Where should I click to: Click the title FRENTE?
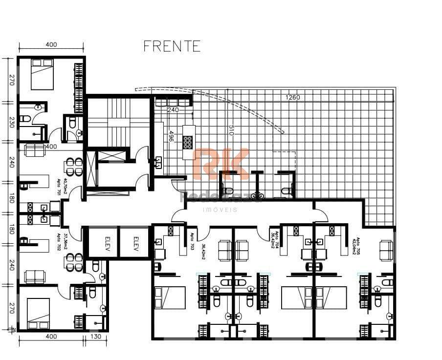point(172,46)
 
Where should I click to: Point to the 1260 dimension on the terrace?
point(293,97)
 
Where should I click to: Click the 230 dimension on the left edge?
point(11,122)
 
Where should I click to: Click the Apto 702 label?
point(58,242)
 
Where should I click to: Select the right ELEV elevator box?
point(133,241)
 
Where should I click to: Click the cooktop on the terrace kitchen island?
point(188,142)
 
